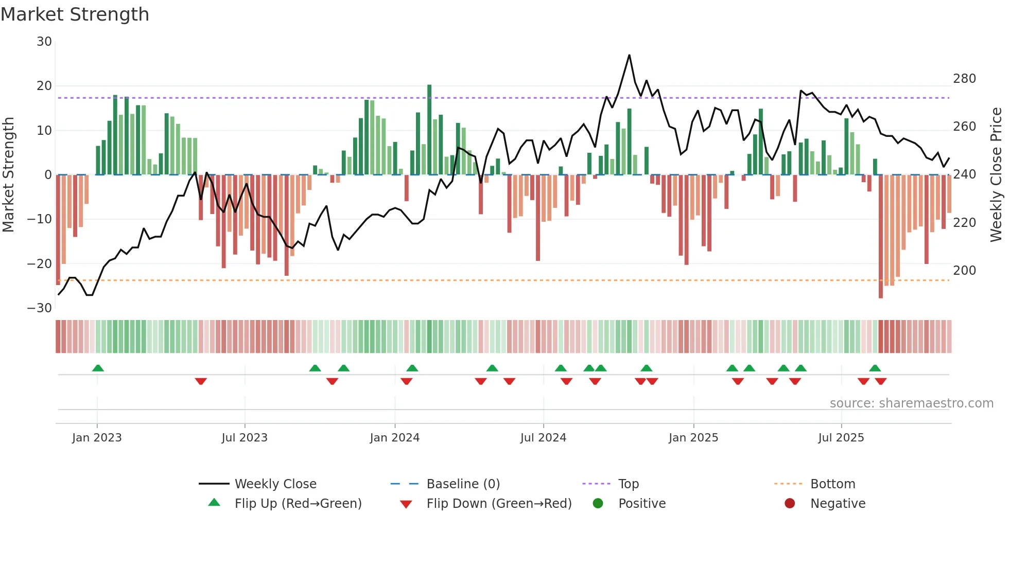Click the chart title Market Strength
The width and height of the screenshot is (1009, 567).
pyautogui.click(x=75, y=14)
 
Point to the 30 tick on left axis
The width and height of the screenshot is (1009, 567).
pyautogui.click(x=44, y=42)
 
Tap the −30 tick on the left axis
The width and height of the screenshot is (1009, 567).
pyautogui.click(x=40, y=308)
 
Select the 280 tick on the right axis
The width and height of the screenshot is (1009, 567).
pyautogui.click(x=964, y=79)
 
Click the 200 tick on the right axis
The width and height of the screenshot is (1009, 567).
pyautogui.click(x=964, y=271)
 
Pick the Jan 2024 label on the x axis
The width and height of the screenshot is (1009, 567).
pyautogui.click(x=394, y=438)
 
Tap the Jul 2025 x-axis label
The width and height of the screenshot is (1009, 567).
pyautogui.click(x=841, y=438)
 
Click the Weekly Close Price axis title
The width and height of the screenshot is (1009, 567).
pyautogui.click(x=996, y=175)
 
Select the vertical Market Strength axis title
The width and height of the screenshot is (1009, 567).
pyautogui.click(x=9, y=175)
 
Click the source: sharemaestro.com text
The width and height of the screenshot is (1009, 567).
pyautogui.click(x=911, y=403)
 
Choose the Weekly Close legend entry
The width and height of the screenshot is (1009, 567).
pyautogui.click(x=275, y=484)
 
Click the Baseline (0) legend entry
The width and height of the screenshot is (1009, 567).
pyautogui.click(x=463, y=484)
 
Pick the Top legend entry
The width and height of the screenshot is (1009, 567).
pyautogui.click(x=628, y=484)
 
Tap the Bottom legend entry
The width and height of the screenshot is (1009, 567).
pyautogui.click(x=832, y=484)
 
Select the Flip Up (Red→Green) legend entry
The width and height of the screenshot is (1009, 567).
pyautogui.click(x=298, y=504)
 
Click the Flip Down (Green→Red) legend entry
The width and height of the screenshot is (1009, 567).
pyautogui.click(x=498, y=504)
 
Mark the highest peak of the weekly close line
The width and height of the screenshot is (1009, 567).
pyautogui.click(x=629, y=55)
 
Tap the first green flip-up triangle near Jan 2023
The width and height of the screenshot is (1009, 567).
pyautogui.click(x=98, y=368)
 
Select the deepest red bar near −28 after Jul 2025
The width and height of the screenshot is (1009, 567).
pyautogui.click(x=880, y=237)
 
